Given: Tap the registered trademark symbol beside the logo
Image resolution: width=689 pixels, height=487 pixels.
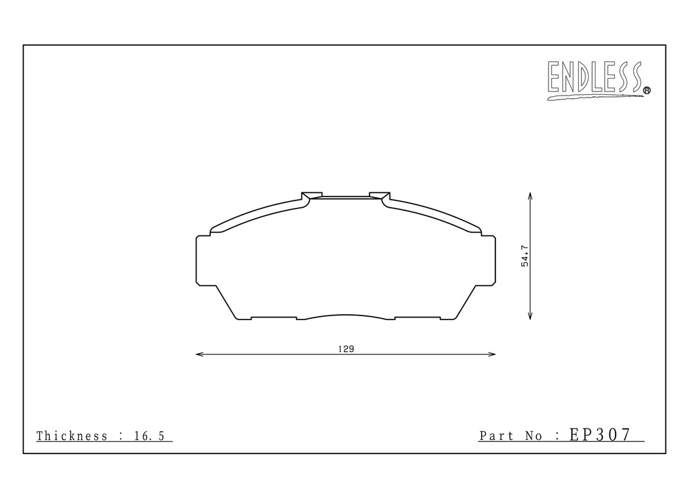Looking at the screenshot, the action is [x=647, y=90].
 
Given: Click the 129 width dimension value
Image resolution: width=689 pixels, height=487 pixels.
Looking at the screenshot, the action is [x=347, y=349].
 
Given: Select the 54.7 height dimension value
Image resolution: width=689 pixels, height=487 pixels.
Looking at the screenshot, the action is [x=525, y=256].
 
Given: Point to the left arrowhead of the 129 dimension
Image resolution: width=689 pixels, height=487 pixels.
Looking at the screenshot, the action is [x=199, y=354].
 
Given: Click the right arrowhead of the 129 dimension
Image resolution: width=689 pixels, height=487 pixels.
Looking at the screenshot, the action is [x=492, y=354].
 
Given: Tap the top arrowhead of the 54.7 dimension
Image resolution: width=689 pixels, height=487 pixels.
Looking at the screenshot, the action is [x=530, y=196].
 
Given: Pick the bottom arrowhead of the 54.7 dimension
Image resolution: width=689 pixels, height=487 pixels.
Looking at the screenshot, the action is [x=530, y=315].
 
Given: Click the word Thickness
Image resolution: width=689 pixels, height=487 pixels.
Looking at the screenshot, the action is [x=71, y=436].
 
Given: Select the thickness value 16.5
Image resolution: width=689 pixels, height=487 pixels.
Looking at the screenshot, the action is [x=149, y=436].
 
